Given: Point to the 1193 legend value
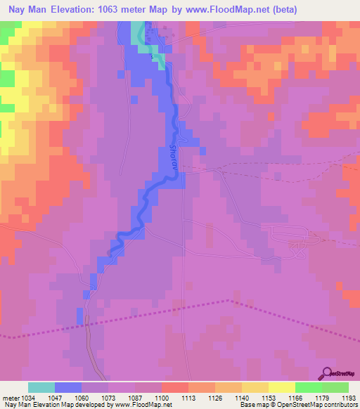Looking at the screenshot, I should pos(349,398).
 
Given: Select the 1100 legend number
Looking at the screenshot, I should pos(162,398).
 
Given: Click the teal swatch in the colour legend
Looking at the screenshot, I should pos(41,387).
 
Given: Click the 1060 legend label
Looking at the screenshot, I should pos(82,398).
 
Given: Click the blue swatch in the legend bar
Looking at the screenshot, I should pos(68,387).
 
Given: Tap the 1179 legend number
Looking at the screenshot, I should pos(322,398).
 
